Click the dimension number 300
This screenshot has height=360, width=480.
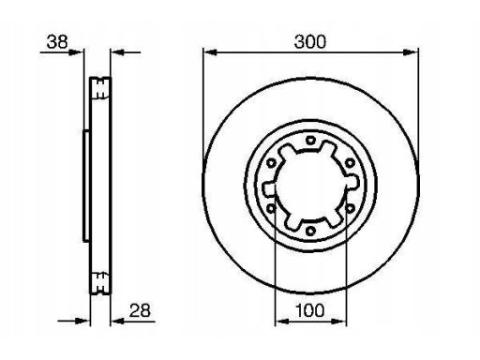click(x=310, y=41)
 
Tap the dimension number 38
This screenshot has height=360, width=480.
click(x=57, y=41)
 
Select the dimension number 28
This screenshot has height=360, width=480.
click(x=140, y=310)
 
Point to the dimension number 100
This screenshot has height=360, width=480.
click(x=310, y=310)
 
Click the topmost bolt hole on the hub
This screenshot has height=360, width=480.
click(x=310, y=140)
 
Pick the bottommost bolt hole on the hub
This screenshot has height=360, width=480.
click(x=310, y=232)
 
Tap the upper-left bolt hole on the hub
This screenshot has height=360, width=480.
click(x=271, y=162)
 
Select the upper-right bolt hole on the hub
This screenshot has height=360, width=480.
click(x=350, y=162)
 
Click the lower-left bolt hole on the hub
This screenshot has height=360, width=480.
click(x=271, y=208)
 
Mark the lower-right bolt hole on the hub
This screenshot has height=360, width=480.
click(x=350, y=208)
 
